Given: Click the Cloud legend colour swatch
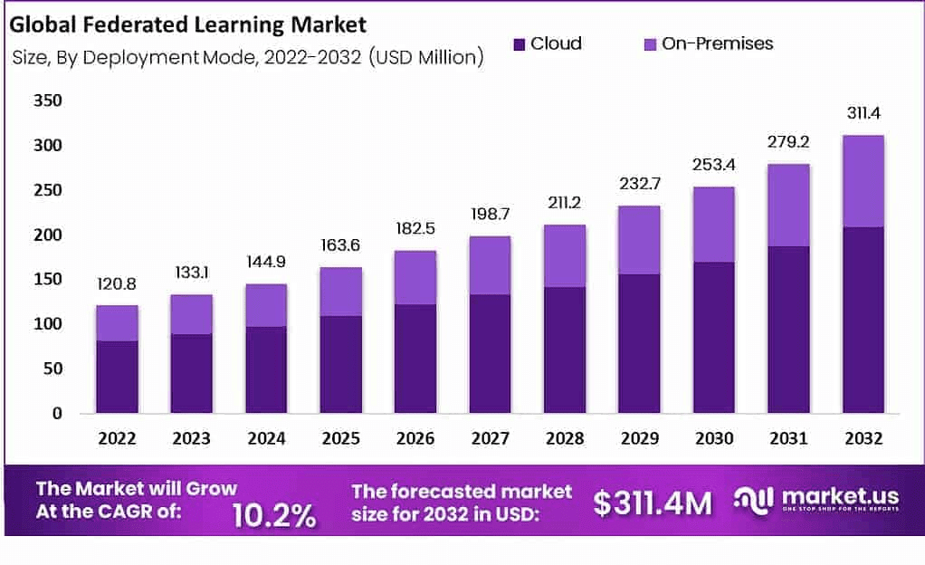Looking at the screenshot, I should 519,43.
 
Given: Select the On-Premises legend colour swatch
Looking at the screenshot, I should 649,43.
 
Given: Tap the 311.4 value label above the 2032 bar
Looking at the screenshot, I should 863,115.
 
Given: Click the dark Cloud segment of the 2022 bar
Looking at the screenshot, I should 118,377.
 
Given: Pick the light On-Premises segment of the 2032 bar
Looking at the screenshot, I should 863,181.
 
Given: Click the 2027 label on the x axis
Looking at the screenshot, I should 490,439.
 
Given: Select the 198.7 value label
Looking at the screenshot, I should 490,215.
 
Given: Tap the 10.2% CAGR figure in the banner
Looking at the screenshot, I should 274,514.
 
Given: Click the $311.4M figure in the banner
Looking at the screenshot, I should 653,503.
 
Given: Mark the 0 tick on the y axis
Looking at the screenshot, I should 56,413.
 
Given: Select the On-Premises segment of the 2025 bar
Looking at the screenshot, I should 341,292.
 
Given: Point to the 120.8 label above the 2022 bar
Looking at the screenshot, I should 118,284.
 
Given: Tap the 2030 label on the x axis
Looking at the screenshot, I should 713,439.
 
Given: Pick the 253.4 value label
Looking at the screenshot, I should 713,167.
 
